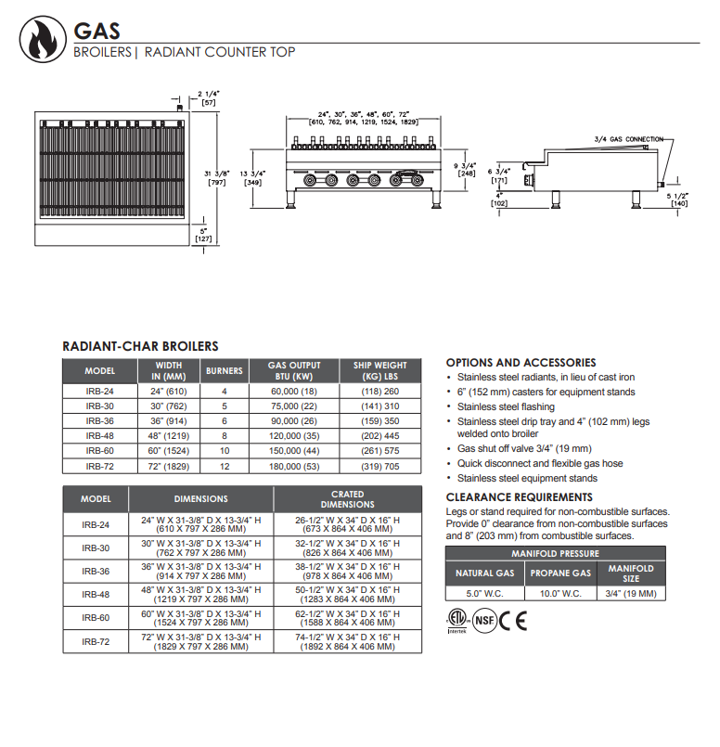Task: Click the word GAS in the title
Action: pos(96,32)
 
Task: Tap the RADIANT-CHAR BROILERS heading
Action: pos(140,346)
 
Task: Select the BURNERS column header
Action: pos(225,371)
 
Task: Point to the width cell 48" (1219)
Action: pos(169,434)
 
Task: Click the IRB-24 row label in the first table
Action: pos(100,392)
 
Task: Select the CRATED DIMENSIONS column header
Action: pos(348,499)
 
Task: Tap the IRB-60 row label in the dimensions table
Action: pos(96,617)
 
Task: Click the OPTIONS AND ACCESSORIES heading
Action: pos(521,363)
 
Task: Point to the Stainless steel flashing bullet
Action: pos(507,406)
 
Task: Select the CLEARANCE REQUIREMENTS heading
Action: pos(519,497)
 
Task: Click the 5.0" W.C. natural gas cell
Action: pos(485,594)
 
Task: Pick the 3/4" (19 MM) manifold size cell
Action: pos(631,594)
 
